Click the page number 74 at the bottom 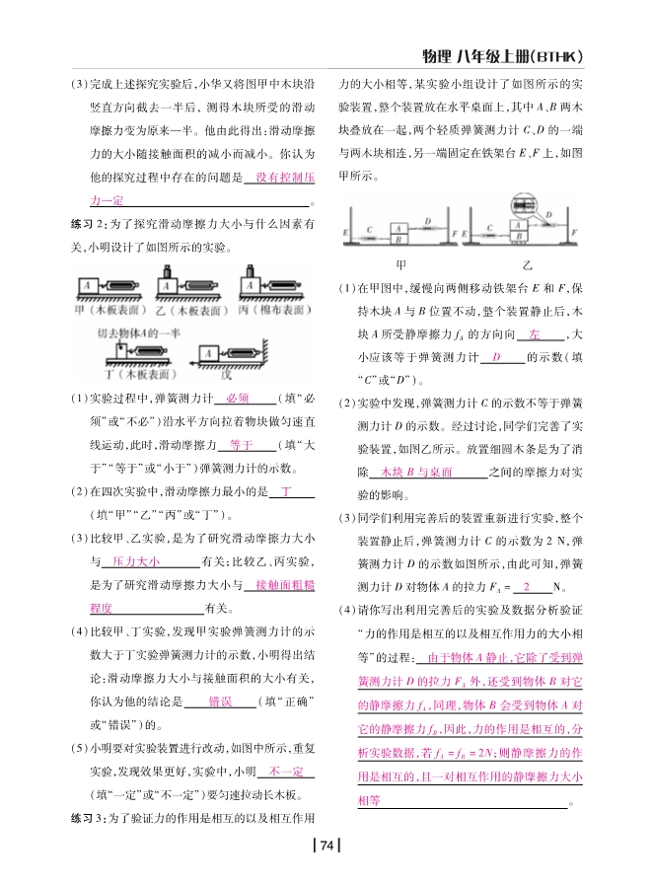(326, 845)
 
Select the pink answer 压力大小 (136, 560)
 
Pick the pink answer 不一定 (284, 771)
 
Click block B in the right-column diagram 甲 (398, 238)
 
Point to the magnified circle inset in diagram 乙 (522, 205)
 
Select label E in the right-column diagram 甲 (344, 234)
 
